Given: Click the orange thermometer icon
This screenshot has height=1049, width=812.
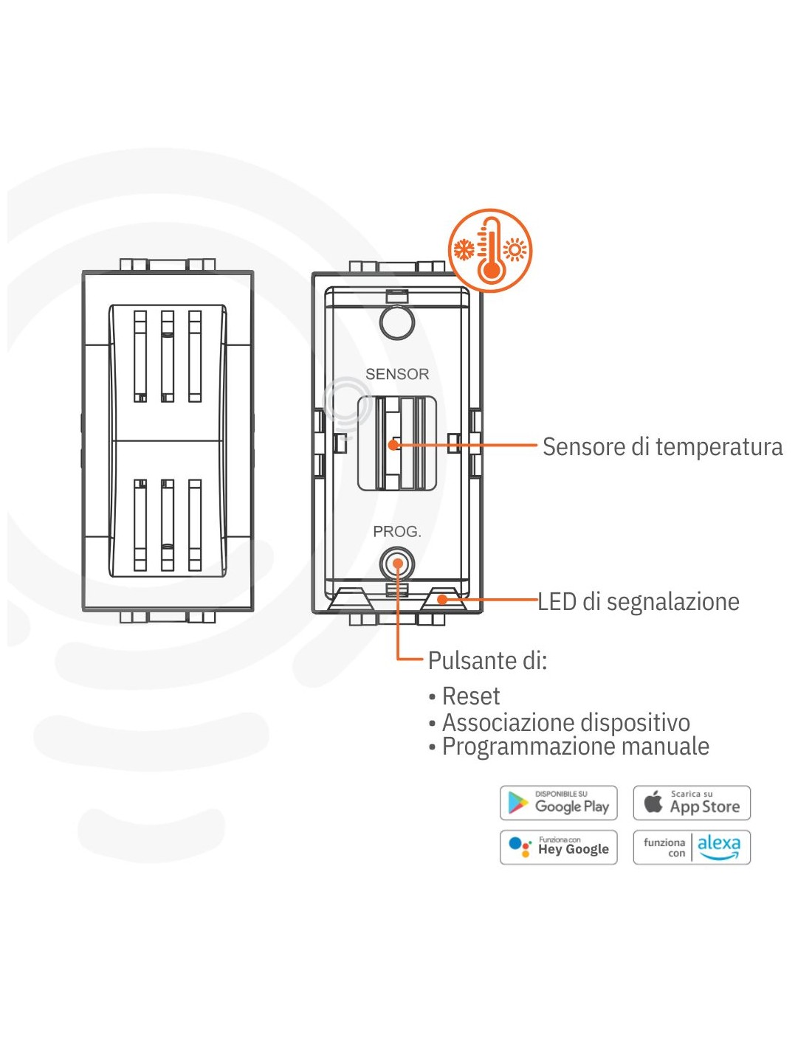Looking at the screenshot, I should click(489, 251).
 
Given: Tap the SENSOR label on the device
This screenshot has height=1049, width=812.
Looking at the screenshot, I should click(397, 374).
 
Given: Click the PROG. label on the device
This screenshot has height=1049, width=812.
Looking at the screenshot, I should click(397, 531).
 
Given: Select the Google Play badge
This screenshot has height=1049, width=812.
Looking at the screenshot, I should click(558, 803).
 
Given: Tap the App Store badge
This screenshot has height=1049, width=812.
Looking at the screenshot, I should click(692, 803).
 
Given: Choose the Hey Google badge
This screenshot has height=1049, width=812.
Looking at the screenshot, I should click(558, 847).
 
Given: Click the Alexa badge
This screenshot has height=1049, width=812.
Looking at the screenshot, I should click(692, 847).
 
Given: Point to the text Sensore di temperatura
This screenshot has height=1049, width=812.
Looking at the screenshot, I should click(662, 447).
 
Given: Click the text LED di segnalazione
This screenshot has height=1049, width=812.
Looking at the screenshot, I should click(639, 602).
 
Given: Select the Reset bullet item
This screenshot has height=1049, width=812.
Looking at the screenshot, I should click(470, 696).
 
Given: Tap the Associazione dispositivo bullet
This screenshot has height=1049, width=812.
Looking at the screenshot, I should click(565, 722).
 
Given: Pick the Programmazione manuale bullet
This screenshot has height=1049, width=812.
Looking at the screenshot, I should click(575, 747).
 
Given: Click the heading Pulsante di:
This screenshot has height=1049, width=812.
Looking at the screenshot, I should click(487, 660).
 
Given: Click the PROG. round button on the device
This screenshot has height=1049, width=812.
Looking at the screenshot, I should click(398, 564).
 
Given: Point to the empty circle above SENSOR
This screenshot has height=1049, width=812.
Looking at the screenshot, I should click(397, 322).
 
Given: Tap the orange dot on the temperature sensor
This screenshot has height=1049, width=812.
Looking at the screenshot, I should click(393, 445).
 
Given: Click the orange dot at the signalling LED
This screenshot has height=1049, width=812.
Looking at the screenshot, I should click(441, 599).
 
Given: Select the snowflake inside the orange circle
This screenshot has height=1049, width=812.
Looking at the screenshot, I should click(464, 250).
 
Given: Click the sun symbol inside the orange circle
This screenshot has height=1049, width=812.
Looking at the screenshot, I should click(515, 250).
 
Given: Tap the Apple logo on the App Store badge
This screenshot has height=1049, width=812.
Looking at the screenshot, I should click(653, 802).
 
